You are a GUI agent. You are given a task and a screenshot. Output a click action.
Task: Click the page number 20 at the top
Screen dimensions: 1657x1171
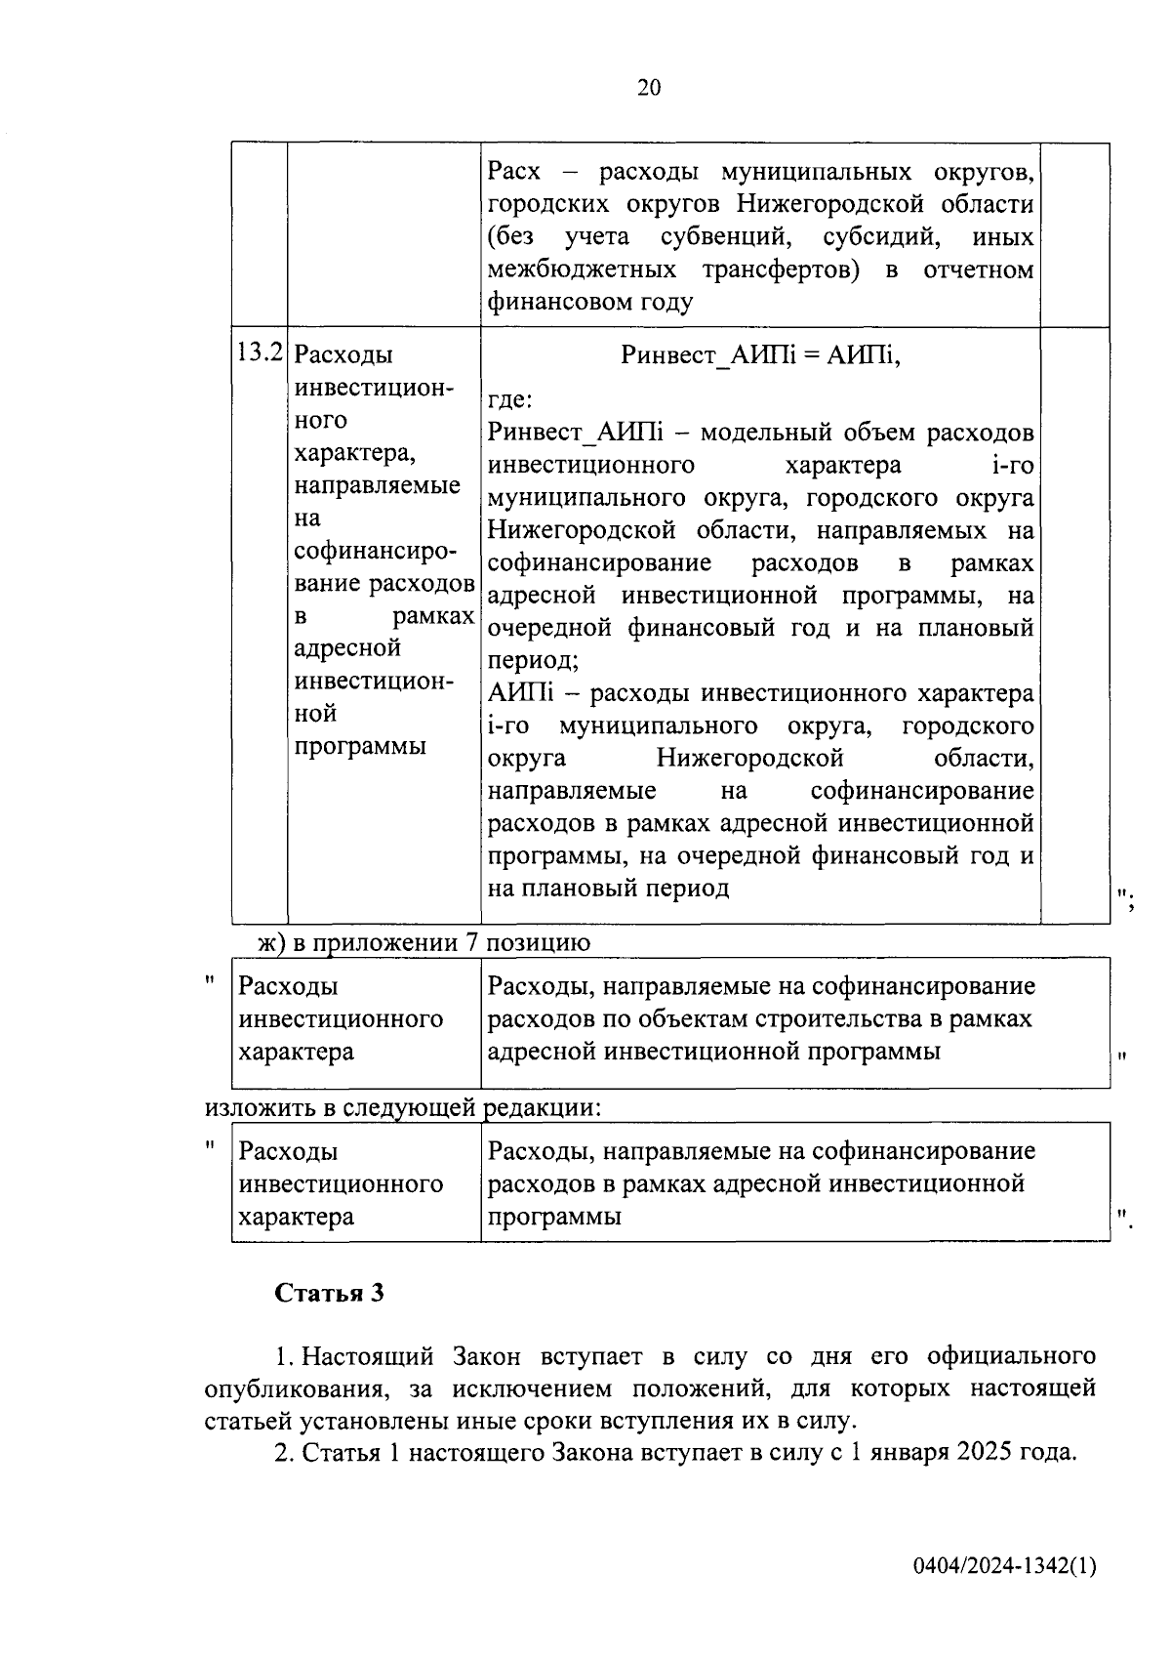click(649, 89)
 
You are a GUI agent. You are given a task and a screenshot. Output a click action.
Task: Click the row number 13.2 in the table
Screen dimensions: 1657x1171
click(260, 352)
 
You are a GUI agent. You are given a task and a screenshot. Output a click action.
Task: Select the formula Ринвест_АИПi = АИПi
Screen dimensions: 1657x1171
click(760, 355)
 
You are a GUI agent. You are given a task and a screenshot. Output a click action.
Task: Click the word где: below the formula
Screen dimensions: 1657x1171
click(509, 399)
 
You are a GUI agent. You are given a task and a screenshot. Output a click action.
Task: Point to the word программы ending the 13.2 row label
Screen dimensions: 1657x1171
click(360, 746)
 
